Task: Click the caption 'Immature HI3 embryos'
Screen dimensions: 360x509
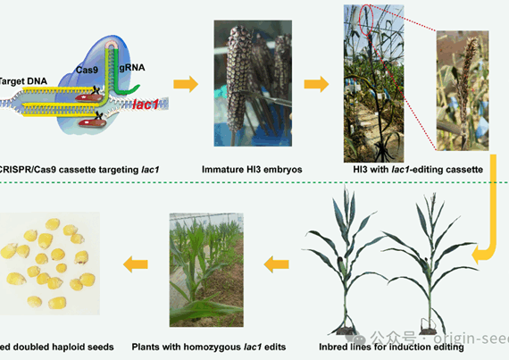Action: (x=240, y=167)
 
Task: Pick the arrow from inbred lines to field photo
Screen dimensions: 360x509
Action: (x=276, y=264)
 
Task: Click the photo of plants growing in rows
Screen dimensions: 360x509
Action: (x=205, y=273)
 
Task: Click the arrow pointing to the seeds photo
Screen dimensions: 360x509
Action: (x=135, y=264)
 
